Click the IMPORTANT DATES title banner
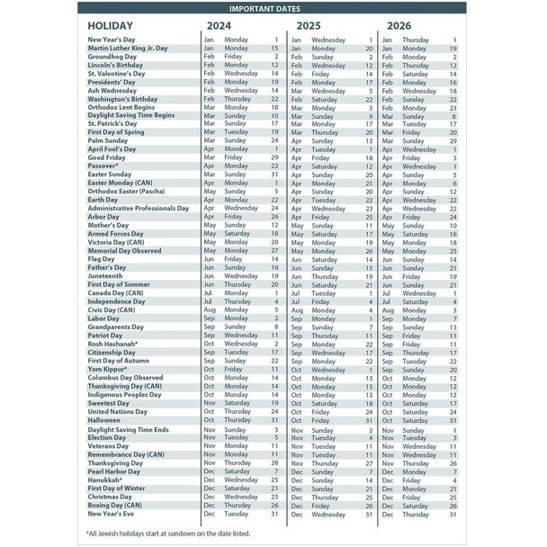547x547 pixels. [x=273, y=8]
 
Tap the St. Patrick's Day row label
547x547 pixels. [x=112, y=123]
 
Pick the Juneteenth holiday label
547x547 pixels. [x=104, y=275]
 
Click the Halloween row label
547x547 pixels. [x=103, y=419]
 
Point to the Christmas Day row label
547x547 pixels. [x=110, y=497]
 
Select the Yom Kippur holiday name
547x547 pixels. [x=107, y=369]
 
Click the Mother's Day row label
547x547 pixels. [x=109, y=225]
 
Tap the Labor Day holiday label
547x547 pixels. [x=103, y=318]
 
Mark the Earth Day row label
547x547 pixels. [x=103, y=200]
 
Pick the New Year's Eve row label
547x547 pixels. [x=110, y=514]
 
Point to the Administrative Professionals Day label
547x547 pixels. [x=138, y=208]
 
